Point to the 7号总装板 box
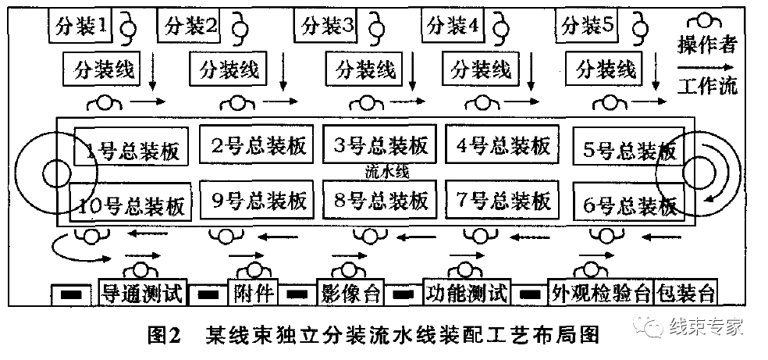coord(502,201)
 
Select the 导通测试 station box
coord(143,294)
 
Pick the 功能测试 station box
coord(467,294)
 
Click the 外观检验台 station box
coord(599,294)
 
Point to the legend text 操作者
coord(707,45)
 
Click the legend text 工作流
coord(707,85)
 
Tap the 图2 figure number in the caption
coord(164,336)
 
